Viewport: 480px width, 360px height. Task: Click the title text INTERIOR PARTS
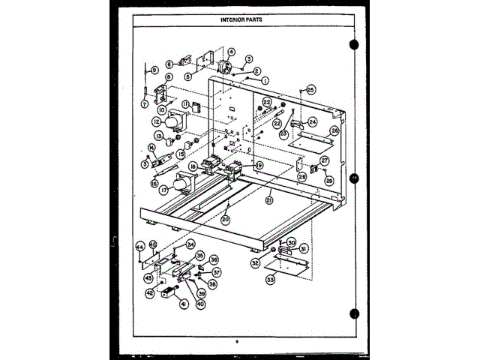[241, 19]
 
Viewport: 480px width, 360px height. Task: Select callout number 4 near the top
[231, 52]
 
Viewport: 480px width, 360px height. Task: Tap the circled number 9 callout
[154, 70]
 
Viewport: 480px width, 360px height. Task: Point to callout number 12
[156, 121]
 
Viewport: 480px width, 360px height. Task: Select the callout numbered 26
[334, 130]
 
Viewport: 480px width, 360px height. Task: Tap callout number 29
[328, 180]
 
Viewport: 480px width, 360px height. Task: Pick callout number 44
[140, 246]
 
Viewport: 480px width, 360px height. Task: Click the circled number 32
[255, 262]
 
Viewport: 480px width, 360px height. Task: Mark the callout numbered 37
[216, 272]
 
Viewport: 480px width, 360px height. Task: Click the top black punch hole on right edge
[353, 44]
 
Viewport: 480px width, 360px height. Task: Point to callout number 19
[259, 165]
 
